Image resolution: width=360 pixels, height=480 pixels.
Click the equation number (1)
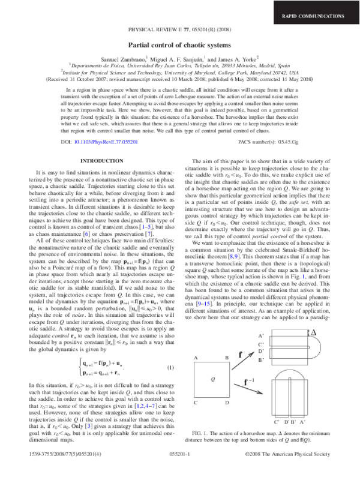point(170,350)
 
